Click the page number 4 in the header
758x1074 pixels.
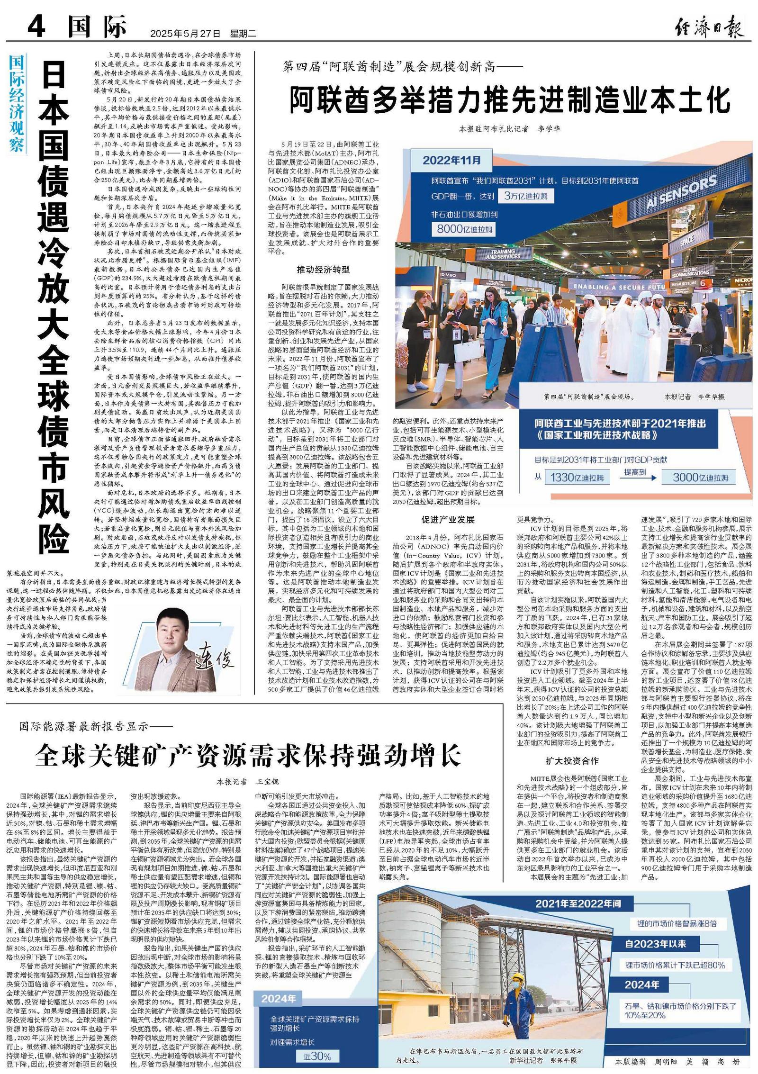(36, 26)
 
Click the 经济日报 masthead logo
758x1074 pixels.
(709, 27)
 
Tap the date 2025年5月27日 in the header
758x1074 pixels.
(185, 34)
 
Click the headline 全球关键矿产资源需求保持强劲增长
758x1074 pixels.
(248, 755)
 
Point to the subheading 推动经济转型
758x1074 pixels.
(323, 270)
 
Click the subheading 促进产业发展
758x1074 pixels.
(448, 520)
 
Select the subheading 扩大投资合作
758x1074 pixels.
(572, 761)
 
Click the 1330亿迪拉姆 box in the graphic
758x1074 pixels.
(576, 478)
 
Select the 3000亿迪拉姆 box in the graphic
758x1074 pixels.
(700, 478)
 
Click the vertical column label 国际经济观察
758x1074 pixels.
(17, 103)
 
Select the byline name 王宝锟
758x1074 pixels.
(267, 782)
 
